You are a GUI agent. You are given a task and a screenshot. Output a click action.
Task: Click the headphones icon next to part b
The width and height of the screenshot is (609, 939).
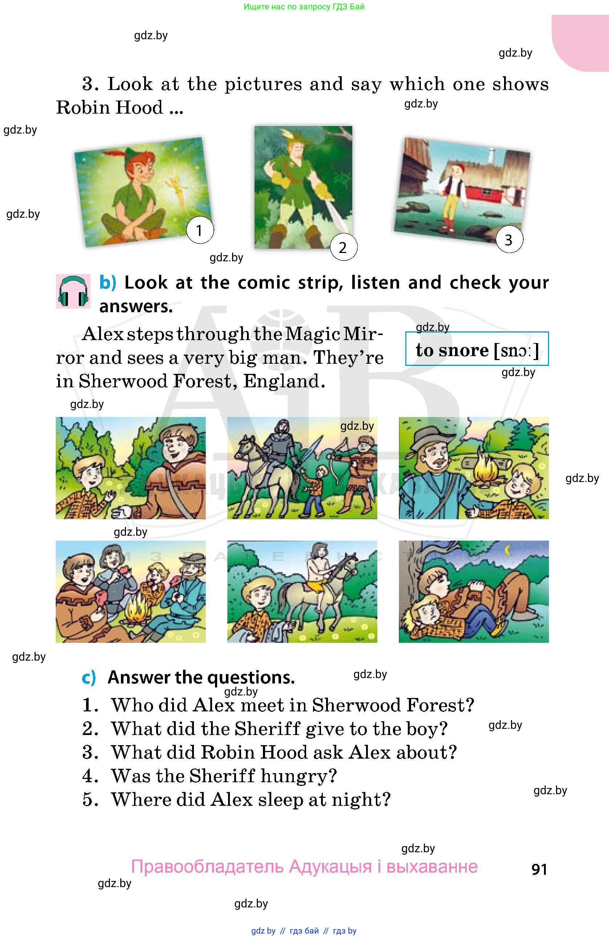click(x=73, y=291)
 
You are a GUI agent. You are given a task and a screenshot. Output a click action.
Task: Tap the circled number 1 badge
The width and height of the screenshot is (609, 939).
click(x=200, y=230)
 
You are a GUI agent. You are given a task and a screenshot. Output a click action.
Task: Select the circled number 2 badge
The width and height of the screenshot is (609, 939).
click(x=343, y=248)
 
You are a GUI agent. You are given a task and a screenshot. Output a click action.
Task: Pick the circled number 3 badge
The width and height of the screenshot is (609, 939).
click(x=509, y=240)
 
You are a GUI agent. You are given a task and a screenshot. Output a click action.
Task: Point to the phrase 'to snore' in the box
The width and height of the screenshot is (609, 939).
click(x=451, y=350)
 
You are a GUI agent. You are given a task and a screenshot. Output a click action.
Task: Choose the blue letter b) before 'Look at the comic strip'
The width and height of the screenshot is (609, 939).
click(x=108, y=283)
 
